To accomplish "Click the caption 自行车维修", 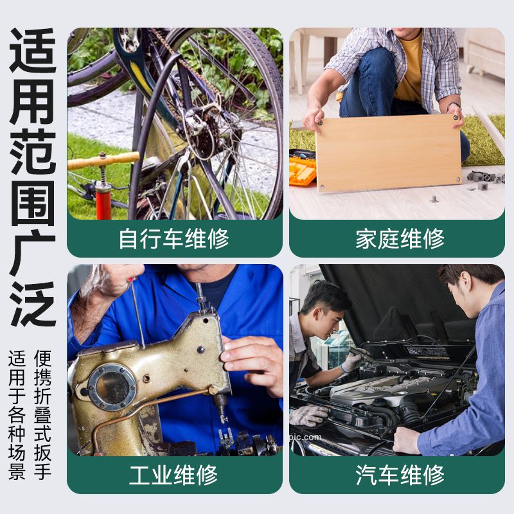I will tap(174, 239).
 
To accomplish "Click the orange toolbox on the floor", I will tap(302, 170).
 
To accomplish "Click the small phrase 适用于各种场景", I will tap(17, 414).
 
